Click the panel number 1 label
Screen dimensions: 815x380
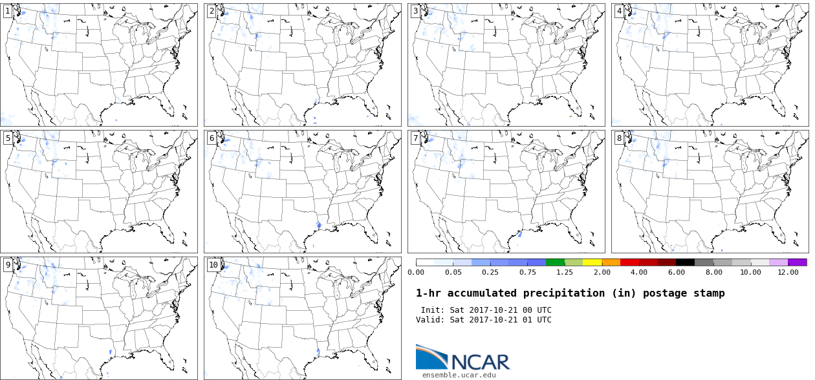[8, 11]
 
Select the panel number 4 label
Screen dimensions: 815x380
[619, 11]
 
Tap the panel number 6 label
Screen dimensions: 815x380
[212, 138]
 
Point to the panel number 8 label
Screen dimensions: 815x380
[619, 138]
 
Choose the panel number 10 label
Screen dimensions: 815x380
[213, 265]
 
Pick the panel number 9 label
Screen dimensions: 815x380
[8, 265]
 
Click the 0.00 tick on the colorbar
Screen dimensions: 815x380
[416, 272]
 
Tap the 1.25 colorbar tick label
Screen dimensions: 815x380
[565, 272]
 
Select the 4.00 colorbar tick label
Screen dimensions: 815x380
[639, 272]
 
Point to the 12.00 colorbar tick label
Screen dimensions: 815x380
[788, 272]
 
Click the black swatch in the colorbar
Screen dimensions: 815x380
[686, 262]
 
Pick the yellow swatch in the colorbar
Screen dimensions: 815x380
[592, 262]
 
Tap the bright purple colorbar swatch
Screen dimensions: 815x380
[798, 262]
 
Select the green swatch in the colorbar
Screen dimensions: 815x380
[555, 262]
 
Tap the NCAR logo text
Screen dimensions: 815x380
[480, 362]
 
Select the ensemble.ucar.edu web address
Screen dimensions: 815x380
[459, 375]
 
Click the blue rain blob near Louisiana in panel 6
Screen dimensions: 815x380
[319, 225]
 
